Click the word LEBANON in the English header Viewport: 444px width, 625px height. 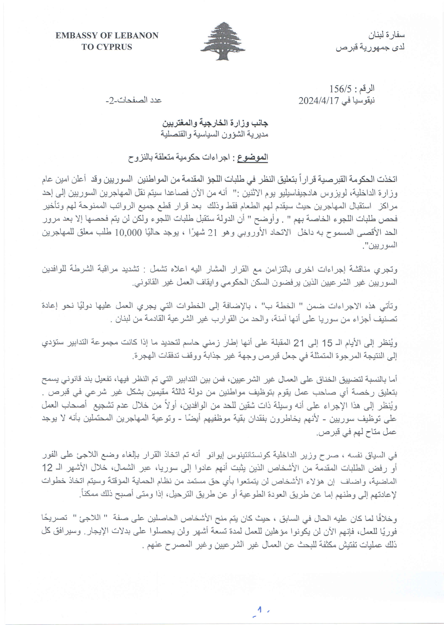coord(136,36)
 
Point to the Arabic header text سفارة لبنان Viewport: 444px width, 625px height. coord(386,35)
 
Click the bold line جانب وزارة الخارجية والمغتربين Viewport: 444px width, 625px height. coord(215,123)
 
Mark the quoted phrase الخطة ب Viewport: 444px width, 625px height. coord(282,306)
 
